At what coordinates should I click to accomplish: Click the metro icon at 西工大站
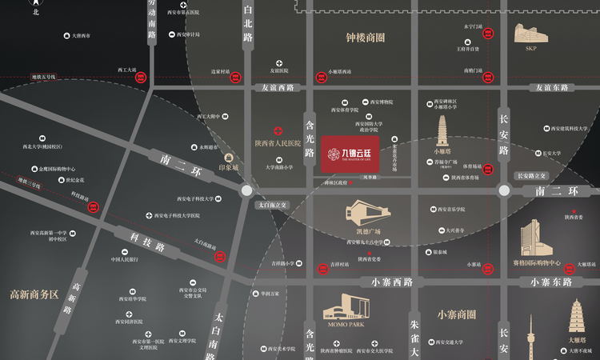pos(142,78)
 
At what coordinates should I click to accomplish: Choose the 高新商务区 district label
pos(34,294)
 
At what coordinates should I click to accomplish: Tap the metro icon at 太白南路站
pos(222,256)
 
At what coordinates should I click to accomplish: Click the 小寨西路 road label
pos(392,282)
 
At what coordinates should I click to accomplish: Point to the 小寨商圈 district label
pos(457,314)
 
